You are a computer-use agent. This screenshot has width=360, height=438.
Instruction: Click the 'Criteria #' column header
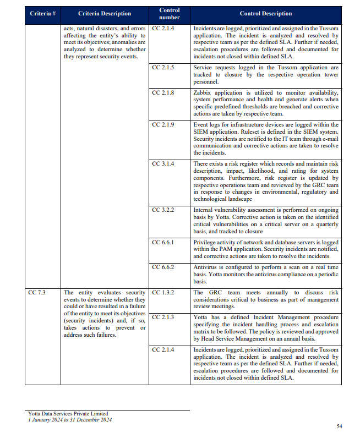coord(42,13)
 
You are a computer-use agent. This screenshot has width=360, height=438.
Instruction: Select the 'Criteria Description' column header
coord(105,13)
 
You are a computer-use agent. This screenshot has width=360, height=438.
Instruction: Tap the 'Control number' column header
coord(170,13)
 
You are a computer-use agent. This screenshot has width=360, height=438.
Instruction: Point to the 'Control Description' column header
coord(266,13)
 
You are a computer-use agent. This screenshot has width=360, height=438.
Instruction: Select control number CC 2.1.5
coord(163,67)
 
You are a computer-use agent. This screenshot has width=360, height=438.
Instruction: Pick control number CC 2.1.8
coord(163,92)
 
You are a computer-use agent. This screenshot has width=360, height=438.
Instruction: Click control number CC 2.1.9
coord(163,125)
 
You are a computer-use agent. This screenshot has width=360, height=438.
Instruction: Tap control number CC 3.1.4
coord(163,164)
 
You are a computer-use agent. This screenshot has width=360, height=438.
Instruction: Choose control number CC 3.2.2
coord(163,210)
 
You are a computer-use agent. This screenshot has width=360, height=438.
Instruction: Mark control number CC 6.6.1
coord(163,242)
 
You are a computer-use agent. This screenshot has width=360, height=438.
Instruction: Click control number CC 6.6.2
coord(163,267)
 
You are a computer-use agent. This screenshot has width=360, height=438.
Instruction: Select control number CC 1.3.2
coord(163,293)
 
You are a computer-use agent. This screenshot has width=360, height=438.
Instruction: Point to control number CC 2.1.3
coord(163,317)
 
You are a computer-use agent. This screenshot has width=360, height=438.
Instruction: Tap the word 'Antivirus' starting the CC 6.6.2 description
coord(206,267)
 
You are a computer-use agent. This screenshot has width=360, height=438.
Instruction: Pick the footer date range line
coord(70,420)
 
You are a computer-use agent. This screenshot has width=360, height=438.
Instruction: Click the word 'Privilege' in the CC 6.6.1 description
coord(206,242)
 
